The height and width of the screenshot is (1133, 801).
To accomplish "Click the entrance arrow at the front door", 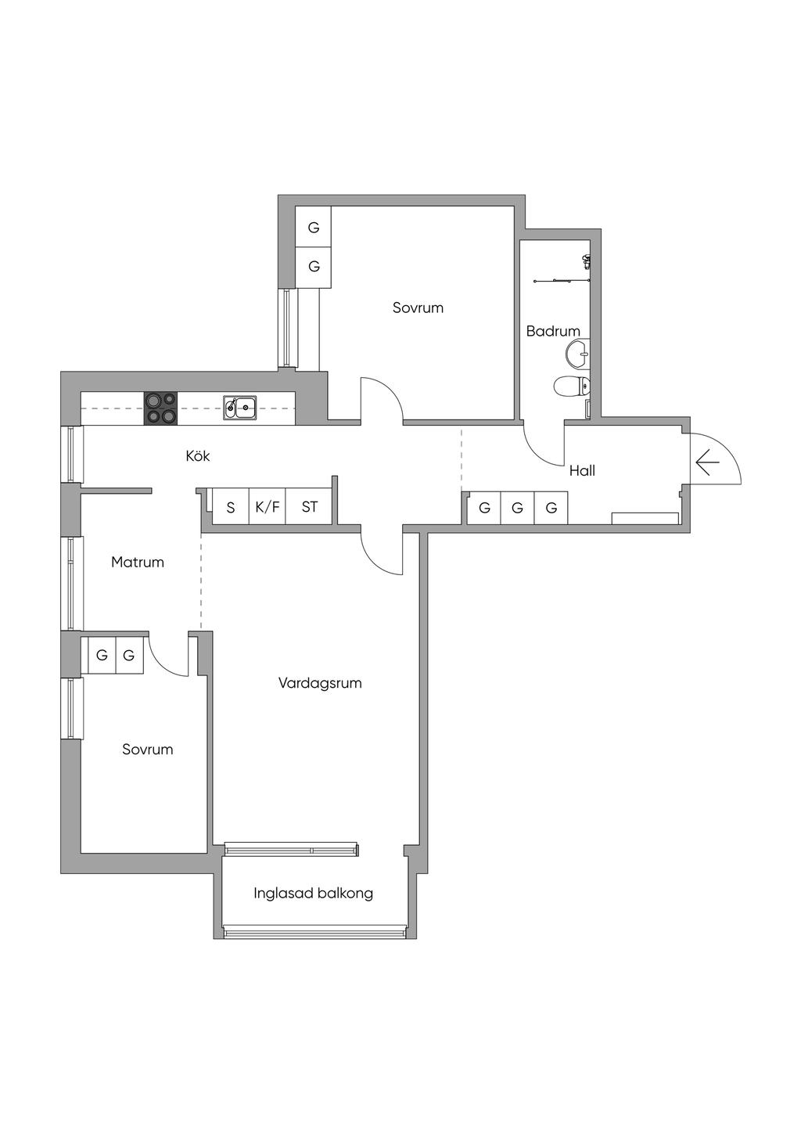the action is pyautogui.click(x=707, y=462).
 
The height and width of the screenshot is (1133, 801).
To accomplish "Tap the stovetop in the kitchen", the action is pyautogui.click(x=161, y=408).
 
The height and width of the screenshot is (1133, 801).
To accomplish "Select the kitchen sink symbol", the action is pyautogui.click(x=239, y=408).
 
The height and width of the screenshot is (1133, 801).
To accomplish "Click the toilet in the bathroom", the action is pyautogui.click(x=572, y=387).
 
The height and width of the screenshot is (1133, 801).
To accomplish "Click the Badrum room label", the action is pyautogui.click(x=553, y=331).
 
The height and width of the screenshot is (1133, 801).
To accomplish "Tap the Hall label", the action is pyautogui.click(x=582, y=471).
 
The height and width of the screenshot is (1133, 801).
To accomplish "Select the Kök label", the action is pyautogui.click(x=198, y=455).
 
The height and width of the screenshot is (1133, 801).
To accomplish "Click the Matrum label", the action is pyautogui.click(x=138, y=562).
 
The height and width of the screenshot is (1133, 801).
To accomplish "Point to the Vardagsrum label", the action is pyautogui.click(x=320, y=683).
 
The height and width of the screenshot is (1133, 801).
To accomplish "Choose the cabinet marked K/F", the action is pyautogui.click(x=268, y=506).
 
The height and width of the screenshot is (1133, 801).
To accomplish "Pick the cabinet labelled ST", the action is pyautogui.click(x=309, y=506).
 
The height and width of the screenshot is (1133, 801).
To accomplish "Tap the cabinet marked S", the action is pyautogui.click(x=231, y=506).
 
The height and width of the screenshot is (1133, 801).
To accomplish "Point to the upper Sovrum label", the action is pyautogui.click(x=418, y=308).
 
